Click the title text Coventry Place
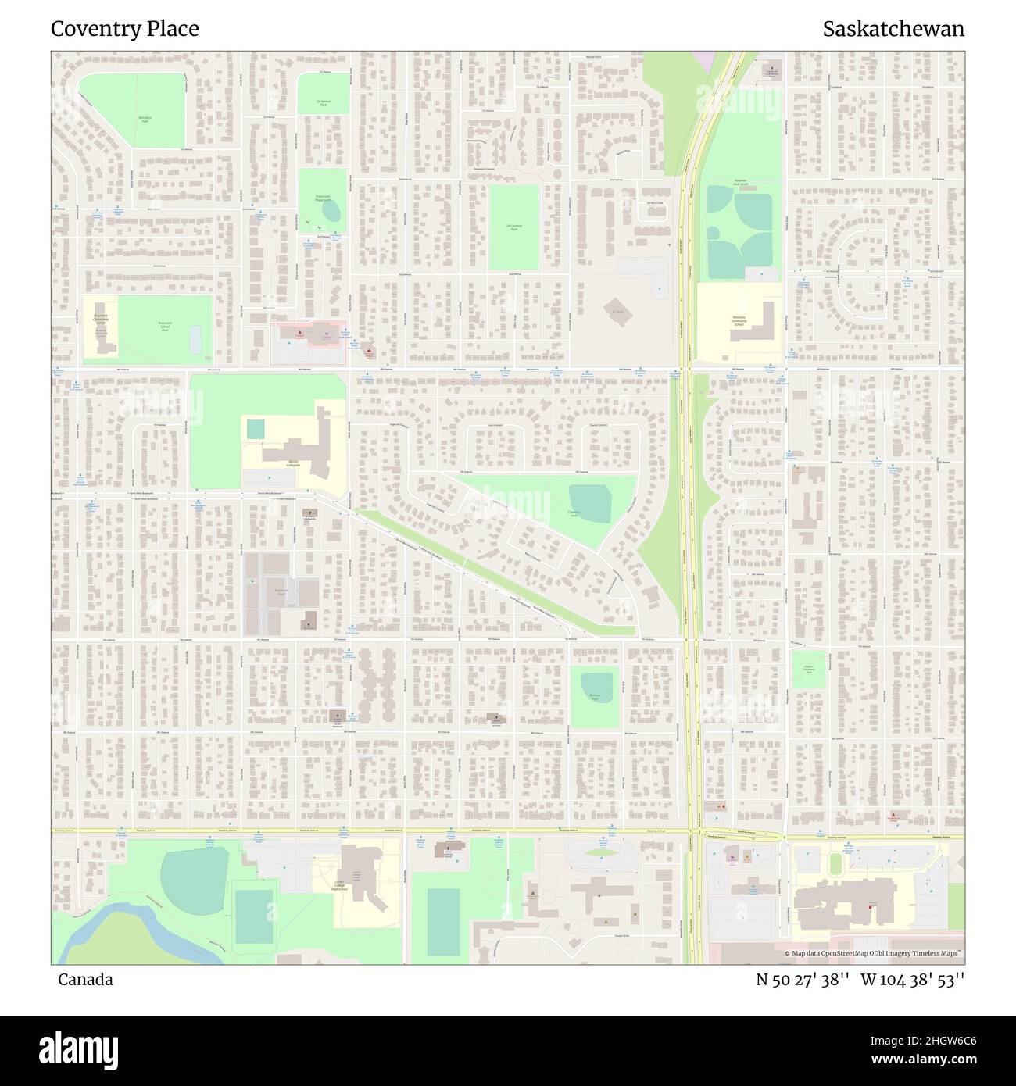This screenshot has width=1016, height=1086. tap(125, 29)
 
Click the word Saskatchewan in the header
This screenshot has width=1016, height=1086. tap(893, 29)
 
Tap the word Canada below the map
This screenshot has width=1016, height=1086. tap(85, 979)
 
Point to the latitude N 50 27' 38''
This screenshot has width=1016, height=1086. tap(803, 979)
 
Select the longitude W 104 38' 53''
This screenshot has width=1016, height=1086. tap(912, 979)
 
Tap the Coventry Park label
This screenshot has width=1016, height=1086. tap(578, 514)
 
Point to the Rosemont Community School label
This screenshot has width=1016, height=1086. tap(101, 320)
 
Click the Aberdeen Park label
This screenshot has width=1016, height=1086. tap(145, 118)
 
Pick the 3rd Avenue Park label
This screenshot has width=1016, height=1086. tap(513, 227)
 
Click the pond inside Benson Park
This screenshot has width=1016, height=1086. tap(593, 688)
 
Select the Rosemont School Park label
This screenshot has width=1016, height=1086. tap(164, 327)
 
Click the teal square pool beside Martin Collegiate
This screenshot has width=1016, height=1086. tap(256, 429)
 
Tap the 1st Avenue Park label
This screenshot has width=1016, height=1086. tap(323, 102)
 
